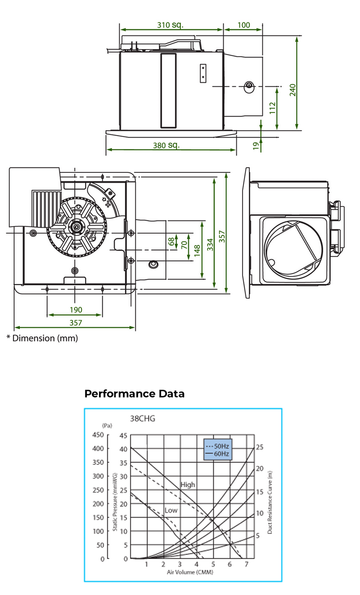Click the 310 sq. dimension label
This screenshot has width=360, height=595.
click(171, 25)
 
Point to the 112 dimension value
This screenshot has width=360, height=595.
click(272, 108)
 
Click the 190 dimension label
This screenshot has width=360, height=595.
click(76, 310)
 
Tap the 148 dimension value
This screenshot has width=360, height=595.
click(197, 251)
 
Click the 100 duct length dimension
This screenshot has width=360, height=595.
click(243, 25)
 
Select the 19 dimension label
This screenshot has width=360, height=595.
click(256, 145)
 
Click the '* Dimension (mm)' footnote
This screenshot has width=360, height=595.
click(42, 338)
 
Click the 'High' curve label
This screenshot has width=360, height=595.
click(188, 485)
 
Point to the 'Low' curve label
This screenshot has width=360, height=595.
click(171, 510)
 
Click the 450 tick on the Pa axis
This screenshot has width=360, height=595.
click(98, 435)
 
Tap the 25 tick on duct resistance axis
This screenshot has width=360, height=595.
click(259, 447)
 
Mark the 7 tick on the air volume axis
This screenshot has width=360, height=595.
click(246, 564)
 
